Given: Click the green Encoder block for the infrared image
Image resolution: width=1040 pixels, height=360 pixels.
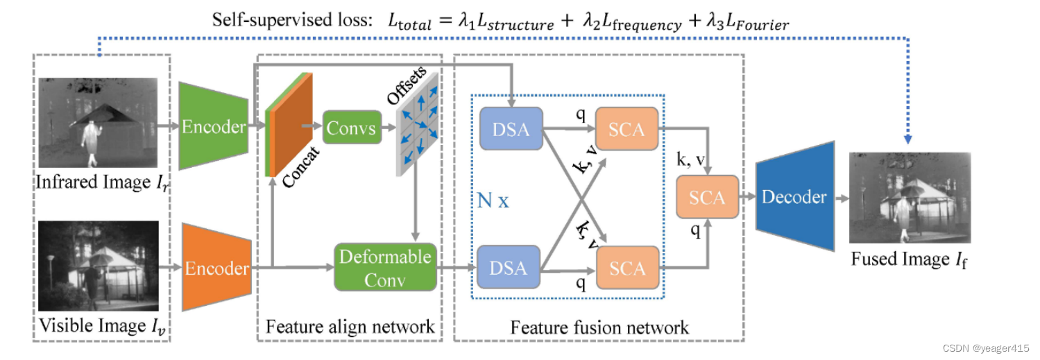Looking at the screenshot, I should click(x=213, y=126).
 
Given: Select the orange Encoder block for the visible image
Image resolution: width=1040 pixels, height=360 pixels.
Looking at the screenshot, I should click(x=216, y=268).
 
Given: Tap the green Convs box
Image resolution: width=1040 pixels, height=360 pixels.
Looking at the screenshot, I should click(x=351, y=128).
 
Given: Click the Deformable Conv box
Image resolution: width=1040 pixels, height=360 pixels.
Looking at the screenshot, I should click(x=384, y=267).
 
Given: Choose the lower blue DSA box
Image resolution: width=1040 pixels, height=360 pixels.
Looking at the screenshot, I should click(x=509, y=267).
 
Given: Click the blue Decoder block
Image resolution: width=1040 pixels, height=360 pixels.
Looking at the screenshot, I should click(x=794, y=196).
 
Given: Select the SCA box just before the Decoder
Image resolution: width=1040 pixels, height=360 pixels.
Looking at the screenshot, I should click(x=707, y=197).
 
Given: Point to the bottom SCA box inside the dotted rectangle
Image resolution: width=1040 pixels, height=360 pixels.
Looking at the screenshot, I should click(x=626, y=268).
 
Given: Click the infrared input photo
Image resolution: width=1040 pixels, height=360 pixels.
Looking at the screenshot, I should click(x=97, y=122).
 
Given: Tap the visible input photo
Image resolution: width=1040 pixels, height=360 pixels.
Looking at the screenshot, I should click(x=99, y=266).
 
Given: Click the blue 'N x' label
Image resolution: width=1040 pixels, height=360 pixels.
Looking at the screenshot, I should click(x=493, y=201).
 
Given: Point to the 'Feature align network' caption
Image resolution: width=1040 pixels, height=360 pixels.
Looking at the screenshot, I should click(x=350, y=326).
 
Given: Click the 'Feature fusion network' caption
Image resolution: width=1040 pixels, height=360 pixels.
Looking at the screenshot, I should click(x=599, y=327).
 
